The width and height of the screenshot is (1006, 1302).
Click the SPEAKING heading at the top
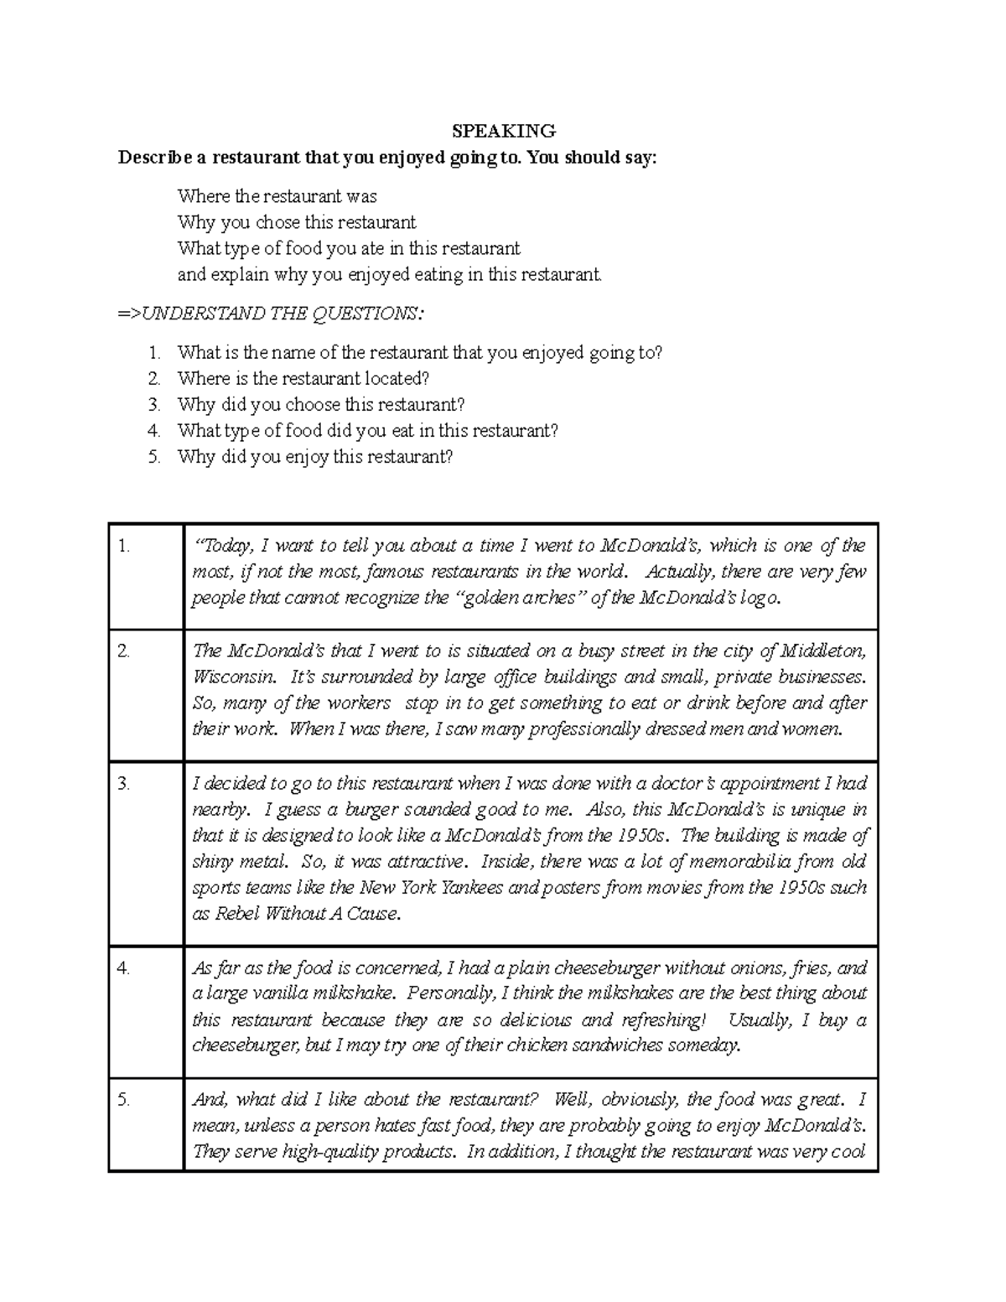[x=504, y=131]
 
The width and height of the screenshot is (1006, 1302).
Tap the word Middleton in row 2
[x=823, y=651]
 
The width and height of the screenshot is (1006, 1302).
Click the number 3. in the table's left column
[x=124, y=784]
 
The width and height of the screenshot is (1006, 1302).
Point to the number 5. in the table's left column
[x=124, y=1100]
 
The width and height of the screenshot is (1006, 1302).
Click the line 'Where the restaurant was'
[x=277, y=196]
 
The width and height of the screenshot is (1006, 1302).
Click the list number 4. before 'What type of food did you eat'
[x=153, y=431]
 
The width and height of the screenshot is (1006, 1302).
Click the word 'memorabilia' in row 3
[x=725, y=862]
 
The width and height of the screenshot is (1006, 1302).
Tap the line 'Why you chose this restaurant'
[x=297, y=222]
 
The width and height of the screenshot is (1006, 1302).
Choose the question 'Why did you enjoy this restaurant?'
[x=315, y=457]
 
